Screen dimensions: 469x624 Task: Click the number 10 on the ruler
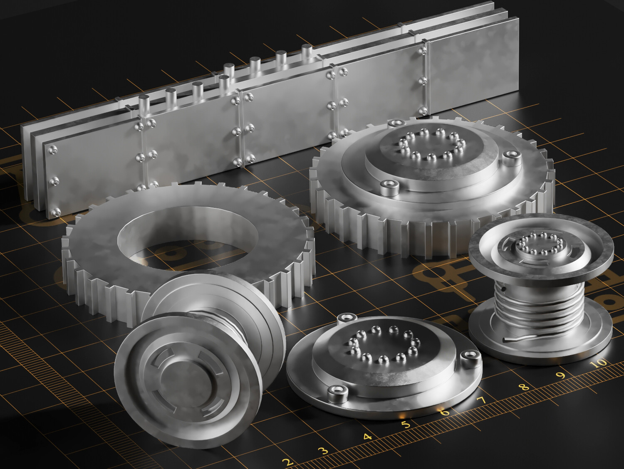click(599, 363)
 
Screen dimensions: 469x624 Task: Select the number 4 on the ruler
click(367, 437)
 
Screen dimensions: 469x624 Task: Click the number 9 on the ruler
click(562, 376)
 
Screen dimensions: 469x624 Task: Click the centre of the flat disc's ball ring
click(382, 343)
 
